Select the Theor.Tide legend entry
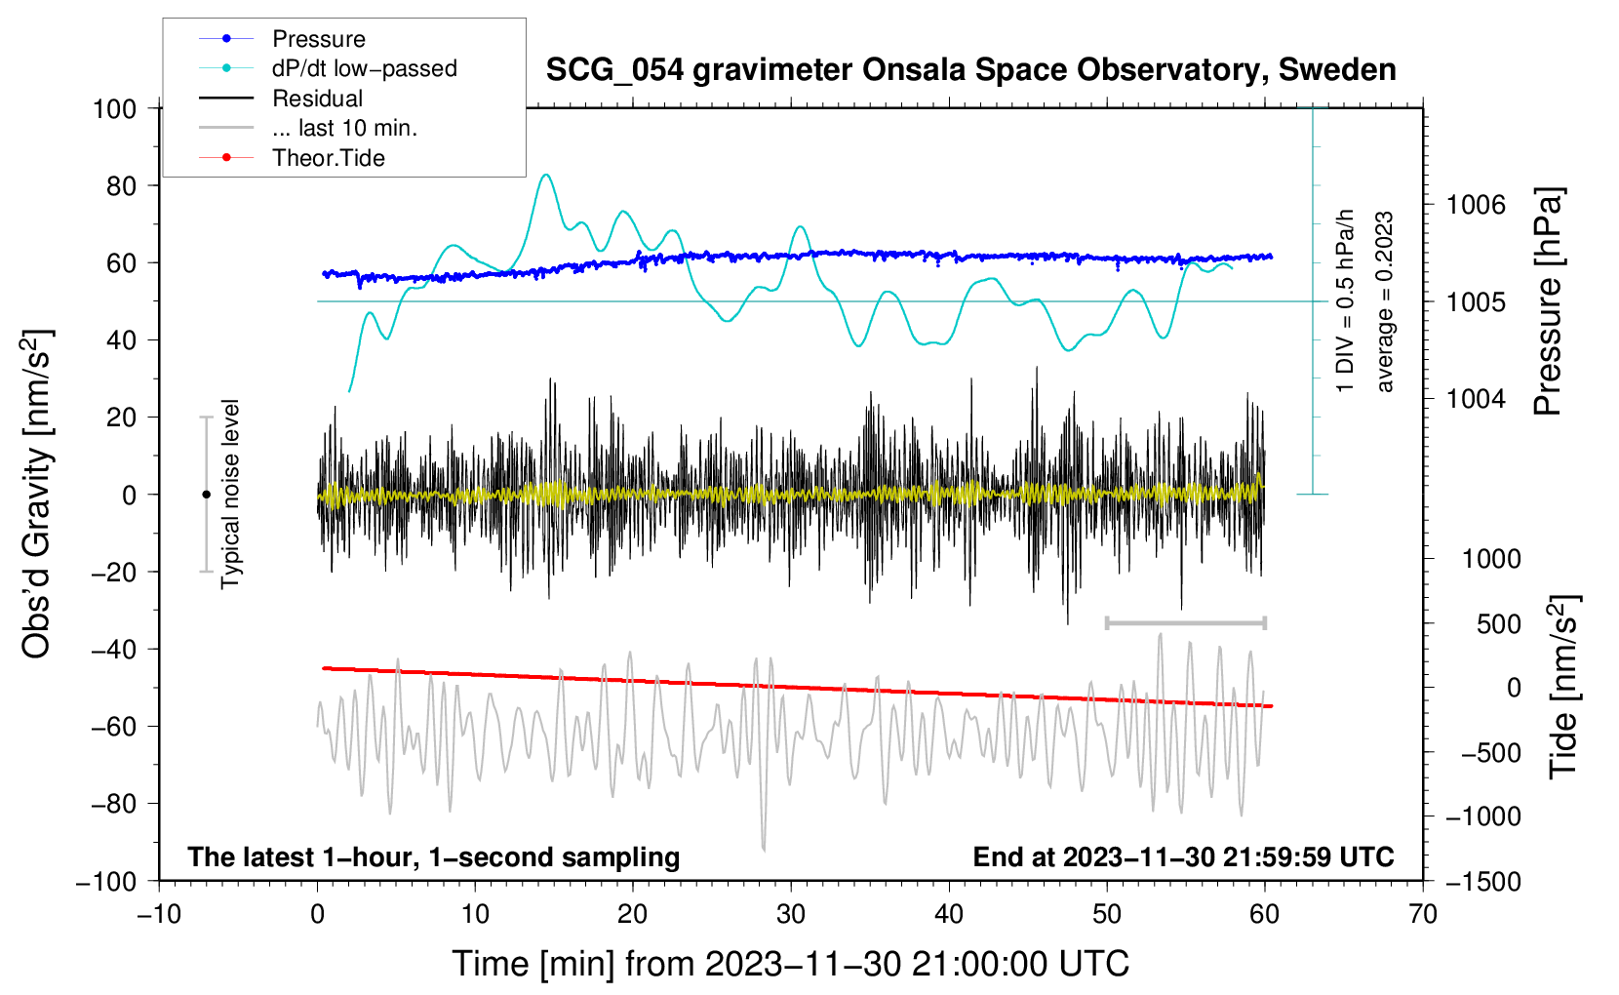pos(328,158)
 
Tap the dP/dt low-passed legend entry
pos(364,68)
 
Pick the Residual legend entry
pos(317,99)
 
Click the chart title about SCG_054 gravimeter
pos(970,70)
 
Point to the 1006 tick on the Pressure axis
pos(1475,205)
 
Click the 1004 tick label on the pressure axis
pos(1475,398)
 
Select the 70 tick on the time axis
pos(1423,915)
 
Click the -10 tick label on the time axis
pos(159,915)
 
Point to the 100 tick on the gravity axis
pos(114,108)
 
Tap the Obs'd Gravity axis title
pos(36,494)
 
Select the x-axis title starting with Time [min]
pos(790,964)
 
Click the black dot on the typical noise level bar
pos(206,495)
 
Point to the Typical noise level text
pos(230,494)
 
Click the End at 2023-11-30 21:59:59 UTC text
pos(1183,857)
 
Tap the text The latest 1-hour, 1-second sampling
pos(433,857)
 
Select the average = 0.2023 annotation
pos(1385,302)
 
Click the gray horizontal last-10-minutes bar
pos(1185,622)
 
